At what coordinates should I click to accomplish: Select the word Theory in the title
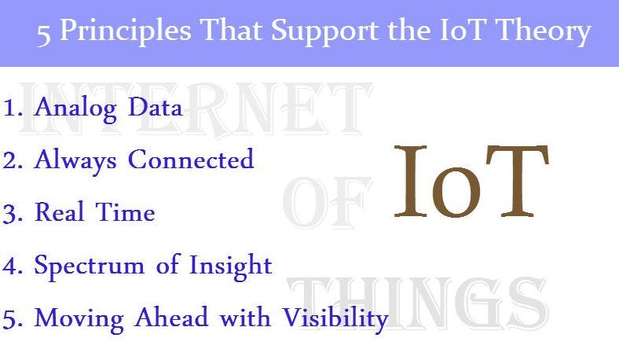pyautogui.click(x=546, y=32)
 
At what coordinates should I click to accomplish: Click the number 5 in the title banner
pyautogui.click(x=44, y=34)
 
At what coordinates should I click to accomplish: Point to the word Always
pyautogui.click(x=76, y=160)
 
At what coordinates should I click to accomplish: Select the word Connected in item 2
pyautogui.click(x=191, y=160)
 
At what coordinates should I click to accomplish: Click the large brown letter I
pyautogui.click(x=412, y=182)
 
